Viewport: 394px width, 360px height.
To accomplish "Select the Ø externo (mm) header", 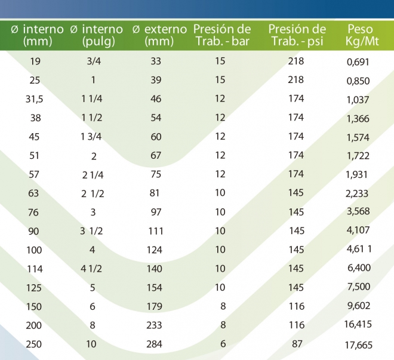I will tap(159, 35).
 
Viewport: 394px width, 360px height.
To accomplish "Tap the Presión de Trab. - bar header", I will tap(222, 35).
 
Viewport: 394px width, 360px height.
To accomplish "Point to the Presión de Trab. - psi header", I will tap(297, 35).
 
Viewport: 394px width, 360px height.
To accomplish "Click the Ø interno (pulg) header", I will tap(96, 35).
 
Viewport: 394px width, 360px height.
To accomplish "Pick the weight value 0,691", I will tap(358, 61).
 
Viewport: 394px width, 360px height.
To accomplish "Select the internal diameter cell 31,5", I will tap(34, 99).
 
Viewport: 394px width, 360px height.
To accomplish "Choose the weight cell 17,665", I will tap(358, 344).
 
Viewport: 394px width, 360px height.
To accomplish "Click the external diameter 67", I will tap(156, 156).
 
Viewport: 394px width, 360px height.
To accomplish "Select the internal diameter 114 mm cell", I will tap(34, 269).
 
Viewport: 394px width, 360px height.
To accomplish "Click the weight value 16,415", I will tap(358, 325).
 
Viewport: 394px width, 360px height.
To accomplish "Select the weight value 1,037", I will tap(358, 100).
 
